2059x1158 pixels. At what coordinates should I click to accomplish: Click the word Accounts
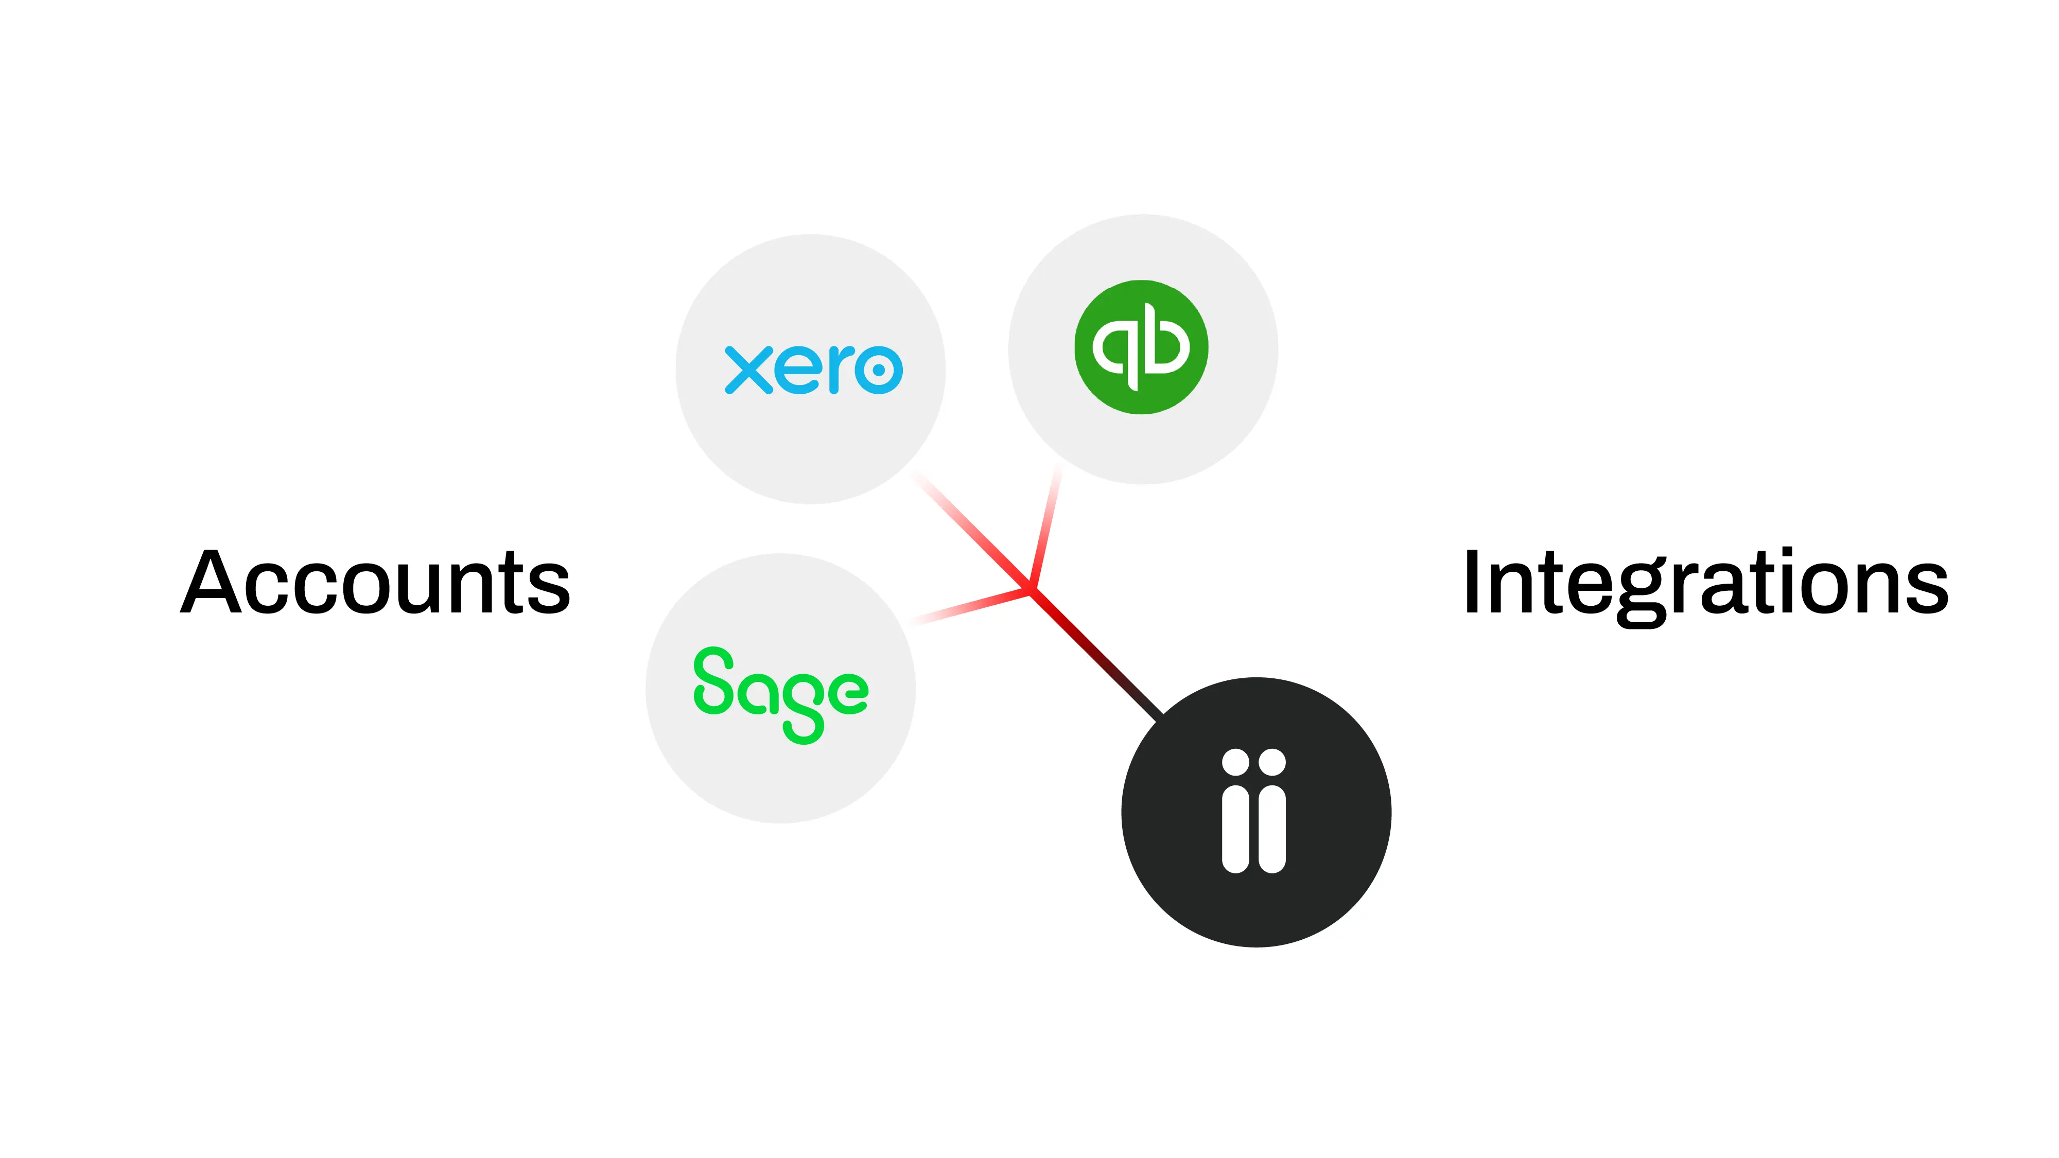coord(376,584)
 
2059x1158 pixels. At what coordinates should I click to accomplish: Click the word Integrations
coord(1706,584)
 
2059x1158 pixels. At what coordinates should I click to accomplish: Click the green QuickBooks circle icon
coord(1141,347)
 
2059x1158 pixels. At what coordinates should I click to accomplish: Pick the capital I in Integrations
coord(1472,584)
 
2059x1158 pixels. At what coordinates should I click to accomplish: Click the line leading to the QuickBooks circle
coord(1045,528)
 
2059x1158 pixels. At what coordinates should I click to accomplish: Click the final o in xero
coord(878,370)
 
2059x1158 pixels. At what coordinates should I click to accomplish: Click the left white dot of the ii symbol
coord(1236,762)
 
